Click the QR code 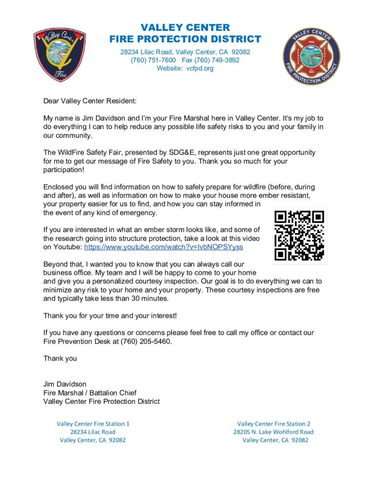pos(299,235)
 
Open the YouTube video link pos(163,247)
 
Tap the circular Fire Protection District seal pos(311,56)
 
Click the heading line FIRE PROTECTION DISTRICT pos(185,39)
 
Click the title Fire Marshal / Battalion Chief pos(90,393)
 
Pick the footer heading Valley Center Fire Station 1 pos(93,424)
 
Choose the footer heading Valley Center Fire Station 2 pos(274,424)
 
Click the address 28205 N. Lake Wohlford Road pos(274,432)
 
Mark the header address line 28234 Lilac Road pos(185,52)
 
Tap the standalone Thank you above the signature pos(60,359)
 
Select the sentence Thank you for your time pos(110,316)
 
